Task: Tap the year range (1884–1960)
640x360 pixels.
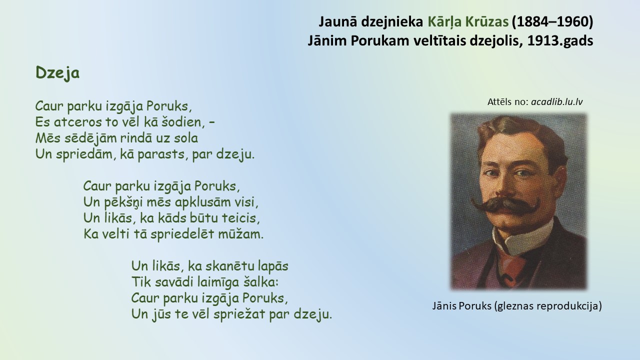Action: coord(552,22)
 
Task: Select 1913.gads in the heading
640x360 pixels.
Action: coord(560,41)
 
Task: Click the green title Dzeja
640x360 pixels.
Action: coord(57,72)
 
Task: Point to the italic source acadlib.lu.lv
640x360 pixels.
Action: coord(557,102)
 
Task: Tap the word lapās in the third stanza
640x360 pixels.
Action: coord(273,266)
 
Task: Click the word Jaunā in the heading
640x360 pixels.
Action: coord(337,22)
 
